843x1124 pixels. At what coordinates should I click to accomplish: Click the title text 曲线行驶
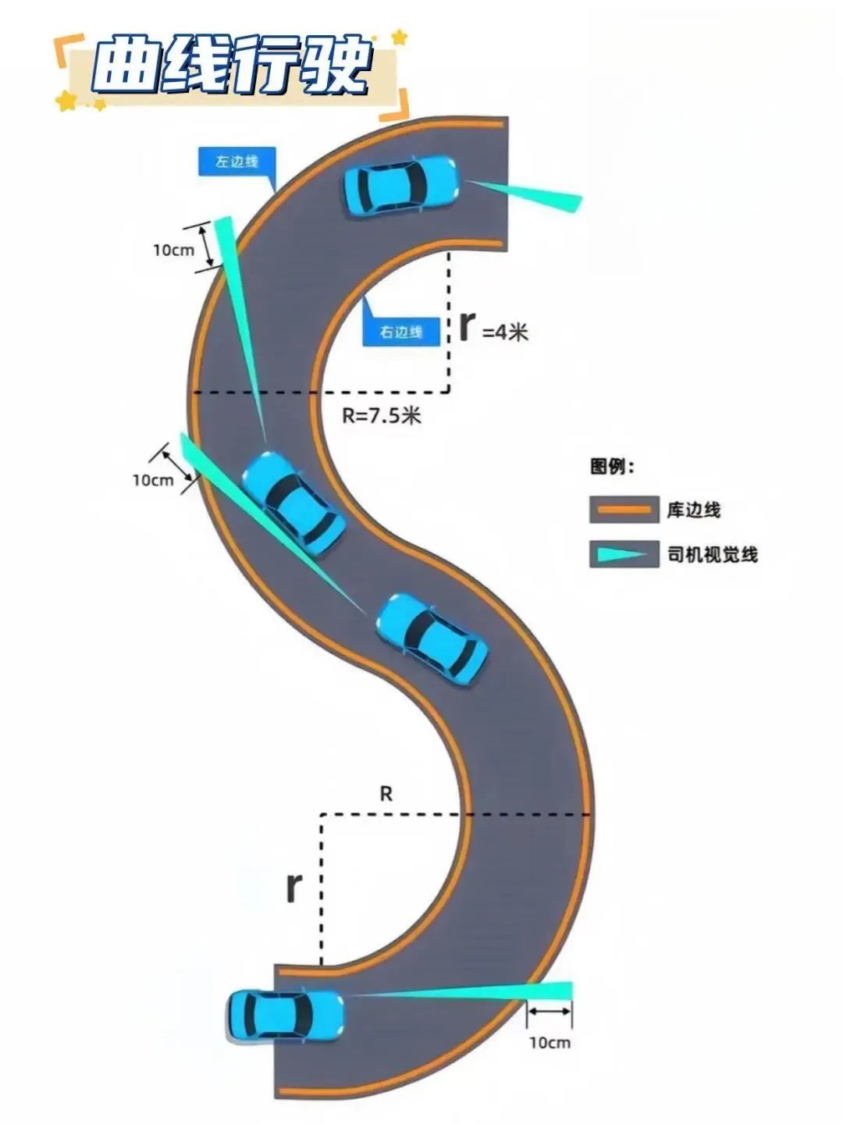coord(231,66)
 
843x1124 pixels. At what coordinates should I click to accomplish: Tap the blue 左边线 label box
coord(237,162)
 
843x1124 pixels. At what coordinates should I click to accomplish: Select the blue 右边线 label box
coord(401,332)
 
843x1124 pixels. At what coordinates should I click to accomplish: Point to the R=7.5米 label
coord(382,415)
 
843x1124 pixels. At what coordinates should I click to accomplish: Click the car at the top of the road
coord(400,186)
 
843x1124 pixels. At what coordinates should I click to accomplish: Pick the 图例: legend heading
coord(612,467)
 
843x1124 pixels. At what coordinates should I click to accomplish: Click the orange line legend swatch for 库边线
coord(624,510)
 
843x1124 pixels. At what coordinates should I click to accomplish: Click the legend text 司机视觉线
coord(712,555)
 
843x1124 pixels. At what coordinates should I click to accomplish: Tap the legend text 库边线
coord(693,510)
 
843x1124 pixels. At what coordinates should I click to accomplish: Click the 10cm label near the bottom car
coord(550,1042)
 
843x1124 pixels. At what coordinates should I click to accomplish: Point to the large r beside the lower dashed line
coord(293,887)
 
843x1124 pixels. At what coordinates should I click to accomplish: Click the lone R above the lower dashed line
coord(386,795)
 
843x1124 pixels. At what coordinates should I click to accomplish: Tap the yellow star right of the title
coord(400,37)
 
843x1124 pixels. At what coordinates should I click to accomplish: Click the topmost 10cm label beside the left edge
coord(173,250)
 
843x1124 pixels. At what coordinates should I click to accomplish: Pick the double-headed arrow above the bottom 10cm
coord(549,1012)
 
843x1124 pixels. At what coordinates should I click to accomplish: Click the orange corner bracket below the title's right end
coord(397,108)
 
